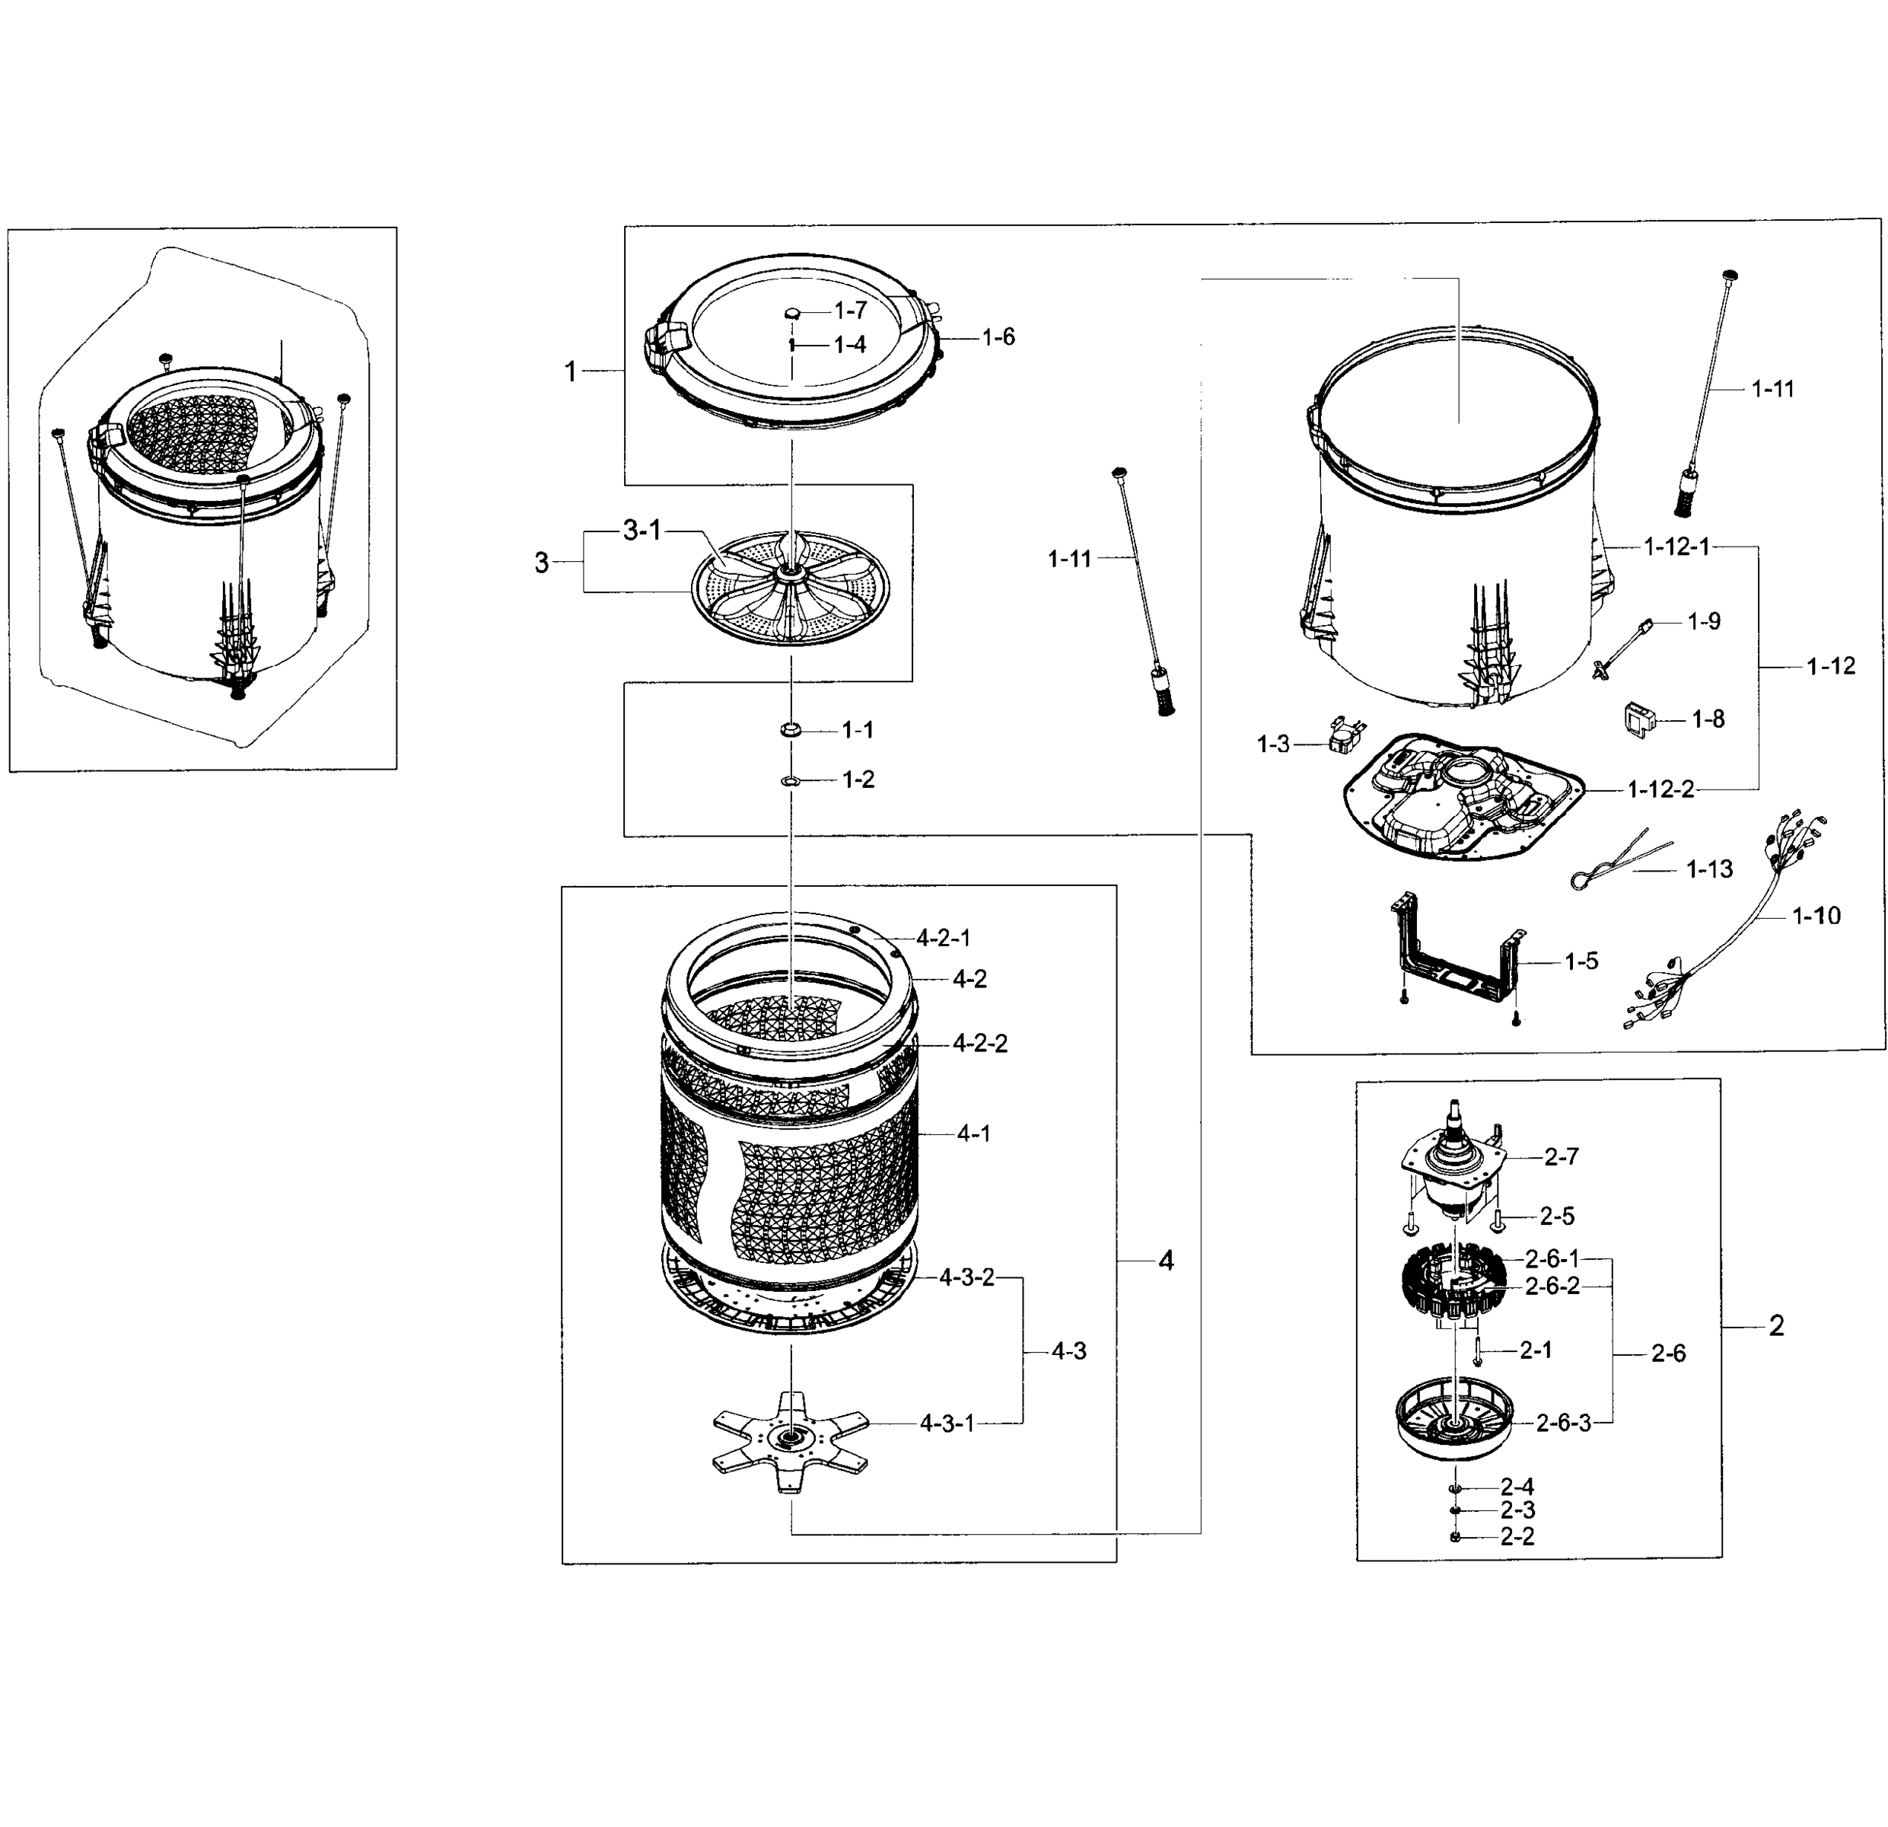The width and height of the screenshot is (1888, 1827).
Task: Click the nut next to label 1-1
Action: click(791, 730)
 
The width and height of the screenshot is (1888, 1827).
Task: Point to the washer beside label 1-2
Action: click(790, 780)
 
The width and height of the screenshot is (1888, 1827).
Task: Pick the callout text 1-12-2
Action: click(1660, 789)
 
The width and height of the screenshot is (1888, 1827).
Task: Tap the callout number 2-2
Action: click(1517, 1536)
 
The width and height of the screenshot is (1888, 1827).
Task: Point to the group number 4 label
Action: click(1166, 1261)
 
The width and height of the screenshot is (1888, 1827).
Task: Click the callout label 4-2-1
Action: click(943, 936)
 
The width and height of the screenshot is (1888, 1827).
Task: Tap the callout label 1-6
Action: click(998, 336)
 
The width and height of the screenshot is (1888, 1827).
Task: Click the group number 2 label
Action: click(1776, 1326)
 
